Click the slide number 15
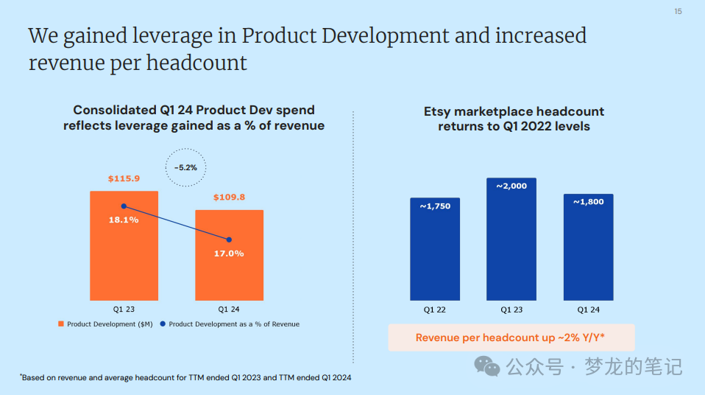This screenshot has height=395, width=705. (678, 11)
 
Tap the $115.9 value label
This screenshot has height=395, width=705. (124, 179)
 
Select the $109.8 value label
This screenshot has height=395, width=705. (229, 197)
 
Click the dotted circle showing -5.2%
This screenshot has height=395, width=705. (185, 167)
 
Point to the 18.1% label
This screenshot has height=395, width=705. (124, 220)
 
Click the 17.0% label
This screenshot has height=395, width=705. (229, 254)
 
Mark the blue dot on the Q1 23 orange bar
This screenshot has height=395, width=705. (124, 206)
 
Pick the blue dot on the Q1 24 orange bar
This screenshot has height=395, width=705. (229, 240)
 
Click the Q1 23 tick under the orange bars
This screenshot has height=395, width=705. (124, 309)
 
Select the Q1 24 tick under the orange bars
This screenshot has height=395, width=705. (229, 309)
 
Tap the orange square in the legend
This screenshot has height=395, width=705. (61, 324)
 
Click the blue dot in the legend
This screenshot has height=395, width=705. (163, 324)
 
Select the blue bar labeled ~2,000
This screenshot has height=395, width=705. (511, 239)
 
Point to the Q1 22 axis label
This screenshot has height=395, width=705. (435, 310)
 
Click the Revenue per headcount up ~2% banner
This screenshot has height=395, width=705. (511, 338)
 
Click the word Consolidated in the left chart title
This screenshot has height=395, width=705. (114, 111)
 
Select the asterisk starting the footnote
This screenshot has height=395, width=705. (21, 375)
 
